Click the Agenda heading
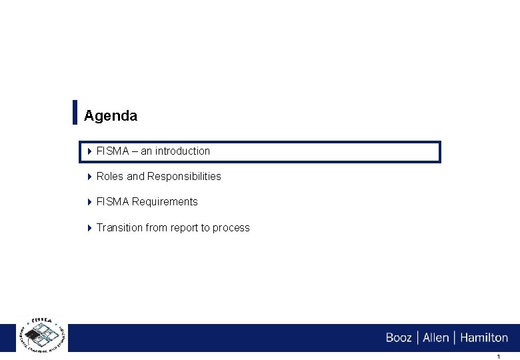pyautogui.click(x=111, y=116)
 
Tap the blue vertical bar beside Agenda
pyautogui.click(x=75, y=112)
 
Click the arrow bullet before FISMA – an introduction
pyautogui.click(x=90, y=151)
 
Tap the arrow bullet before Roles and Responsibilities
pyautogui.click(x=90, y=177)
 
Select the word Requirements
pyautogui.click(x=165, y=202)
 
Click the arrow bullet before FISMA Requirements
pyautogui.click(x=90, y=202)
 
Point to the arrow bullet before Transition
pyautogui.click(x=90, y=228)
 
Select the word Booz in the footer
pyautogui.click(x=399, y=338)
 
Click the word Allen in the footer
pyautogui.click(x=436, y=338)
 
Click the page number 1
pyautogui.click(x=498, y=357)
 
